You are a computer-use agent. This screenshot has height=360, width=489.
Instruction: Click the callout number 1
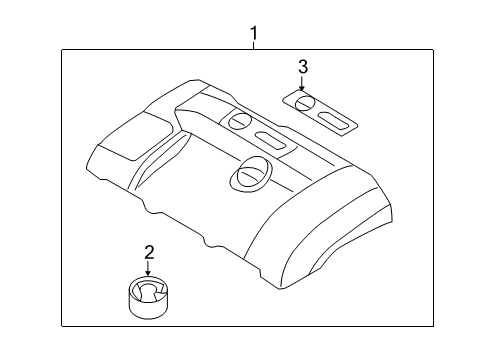254,34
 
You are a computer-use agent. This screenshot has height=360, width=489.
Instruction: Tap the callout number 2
149,252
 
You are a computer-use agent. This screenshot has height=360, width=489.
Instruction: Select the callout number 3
303,67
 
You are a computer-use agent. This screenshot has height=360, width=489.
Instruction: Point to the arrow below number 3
302,83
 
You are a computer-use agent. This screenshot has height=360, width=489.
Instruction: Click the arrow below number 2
148,269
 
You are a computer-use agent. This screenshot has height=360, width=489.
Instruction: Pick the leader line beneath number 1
254,45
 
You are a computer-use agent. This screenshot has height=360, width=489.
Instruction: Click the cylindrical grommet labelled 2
148,297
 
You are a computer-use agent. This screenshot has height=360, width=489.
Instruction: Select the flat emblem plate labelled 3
320,113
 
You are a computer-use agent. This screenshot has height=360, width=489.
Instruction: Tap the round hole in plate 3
305,103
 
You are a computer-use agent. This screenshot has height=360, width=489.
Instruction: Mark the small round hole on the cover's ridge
239,121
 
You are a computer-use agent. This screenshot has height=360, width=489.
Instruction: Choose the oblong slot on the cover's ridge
271,140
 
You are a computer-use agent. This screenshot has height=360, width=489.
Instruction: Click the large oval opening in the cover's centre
251,174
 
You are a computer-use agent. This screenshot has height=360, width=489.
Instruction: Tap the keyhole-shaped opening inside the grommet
147,291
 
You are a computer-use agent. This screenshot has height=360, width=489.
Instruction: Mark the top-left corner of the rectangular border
62,50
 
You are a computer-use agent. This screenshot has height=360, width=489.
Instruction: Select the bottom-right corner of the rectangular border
433,326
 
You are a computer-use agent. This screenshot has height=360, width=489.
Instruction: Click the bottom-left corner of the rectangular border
62,326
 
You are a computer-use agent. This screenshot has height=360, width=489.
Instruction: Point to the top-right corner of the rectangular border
433,50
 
